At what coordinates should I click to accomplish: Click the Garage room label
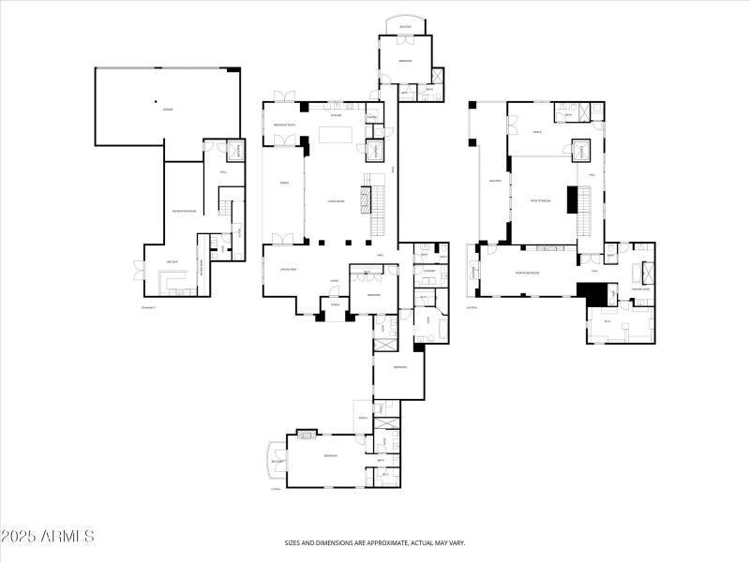point(168,110)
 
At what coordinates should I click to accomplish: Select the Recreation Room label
point(184,212)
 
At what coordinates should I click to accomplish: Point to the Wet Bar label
point(172,261)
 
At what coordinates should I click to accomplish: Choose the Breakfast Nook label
point(285,126)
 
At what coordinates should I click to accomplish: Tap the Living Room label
point(336,200)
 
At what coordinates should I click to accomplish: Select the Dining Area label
point(289,269)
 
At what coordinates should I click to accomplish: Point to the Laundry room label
point(427,272)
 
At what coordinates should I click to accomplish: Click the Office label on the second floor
point(537,132)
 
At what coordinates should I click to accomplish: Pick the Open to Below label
point(540,200)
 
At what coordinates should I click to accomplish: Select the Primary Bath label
point(641,289)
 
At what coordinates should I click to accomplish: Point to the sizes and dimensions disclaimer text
point(375,542)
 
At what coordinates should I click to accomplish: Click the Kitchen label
point(335,115)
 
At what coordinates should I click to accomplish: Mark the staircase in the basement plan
point(226,205)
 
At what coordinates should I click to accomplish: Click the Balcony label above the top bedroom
point(405,27)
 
